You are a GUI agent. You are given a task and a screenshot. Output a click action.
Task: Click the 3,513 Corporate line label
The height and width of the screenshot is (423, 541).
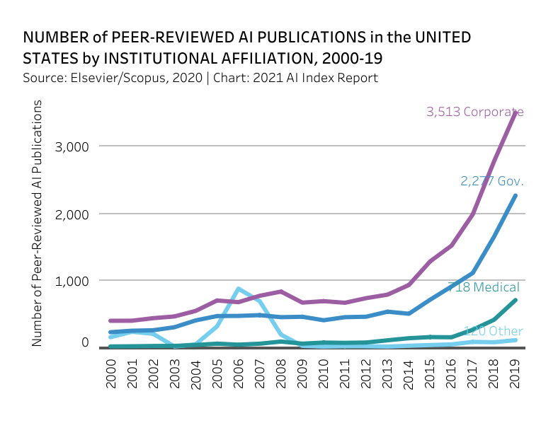coord(474,112)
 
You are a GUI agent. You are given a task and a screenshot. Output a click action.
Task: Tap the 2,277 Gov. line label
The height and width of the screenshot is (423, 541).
coord(492,181)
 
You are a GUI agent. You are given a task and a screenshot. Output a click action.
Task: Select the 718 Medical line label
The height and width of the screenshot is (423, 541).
coord(484,287)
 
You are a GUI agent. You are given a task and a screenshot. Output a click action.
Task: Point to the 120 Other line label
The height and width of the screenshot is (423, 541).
coord(493,331)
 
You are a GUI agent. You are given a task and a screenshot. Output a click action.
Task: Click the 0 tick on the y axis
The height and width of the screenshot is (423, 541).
coord(84,342)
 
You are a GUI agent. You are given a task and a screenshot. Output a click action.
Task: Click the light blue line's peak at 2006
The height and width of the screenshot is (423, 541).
coord(239,289)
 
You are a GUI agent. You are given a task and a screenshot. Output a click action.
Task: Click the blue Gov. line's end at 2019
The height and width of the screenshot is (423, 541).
coord(515,195)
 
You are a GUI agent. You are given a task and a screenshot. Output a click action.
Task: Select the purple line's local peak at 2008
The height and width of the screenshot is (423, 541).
coord(281,291)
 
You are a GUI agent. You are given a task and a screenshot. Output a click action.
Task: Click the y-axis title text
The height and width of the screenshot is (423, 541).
coord(37,224)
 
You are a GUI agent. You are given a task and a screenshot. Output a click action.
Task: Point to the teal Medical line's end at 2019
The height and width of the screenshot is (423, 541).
coord(515,300)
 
